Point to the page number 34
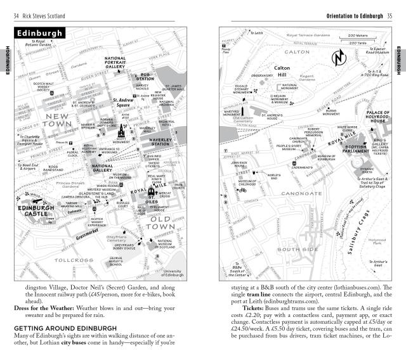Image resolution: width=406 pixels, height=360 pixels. [x=16, y=15]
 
